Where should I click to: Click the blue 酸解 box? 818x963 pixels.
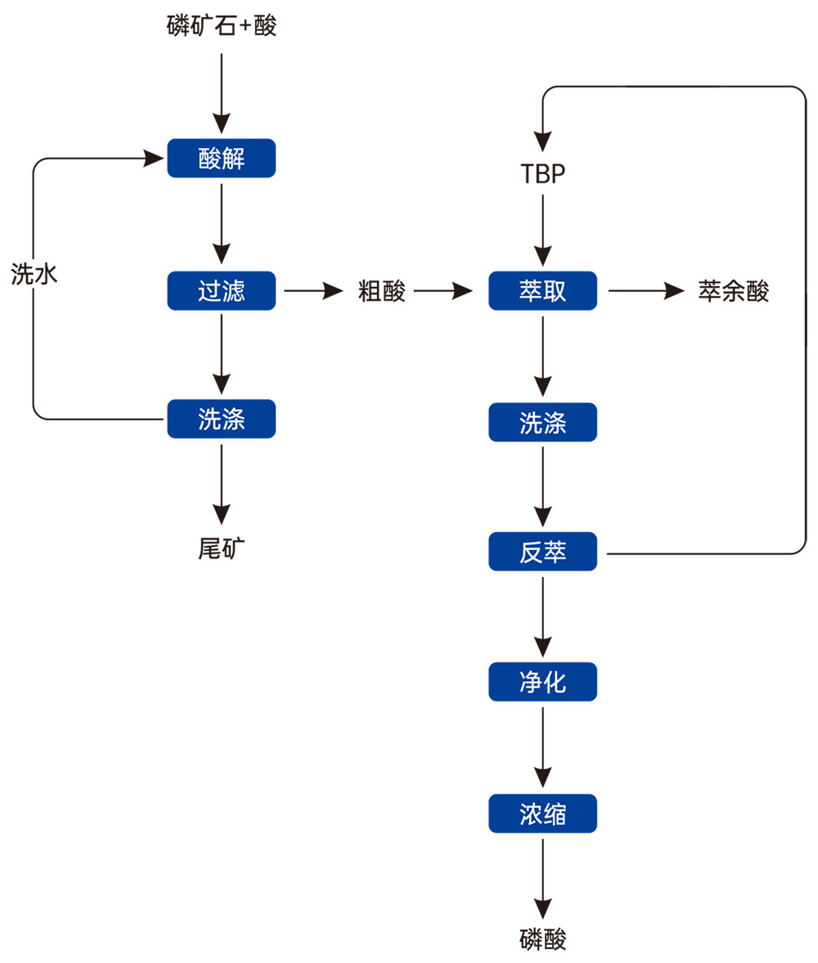pyautogui.click(x=221, y=159)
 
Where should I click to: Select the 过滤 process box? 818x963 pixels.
pyautogui.click(x=221, y=290)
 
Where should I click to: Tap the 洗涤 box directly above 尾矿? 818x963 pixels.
pyautogui.click(x=221, y=419)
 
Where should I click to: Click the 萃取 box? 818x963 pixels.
pyautogui.click(x=542, y=290)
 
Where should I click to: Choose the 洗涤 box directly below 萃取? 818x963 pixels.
pyautogui.click(x=542, y=422)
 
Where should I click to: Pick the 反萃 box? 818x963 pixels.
pyautogui.click(x=542, y=553)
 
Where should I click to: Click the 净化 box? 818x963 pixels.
pyautogui.click(x=542, y=682)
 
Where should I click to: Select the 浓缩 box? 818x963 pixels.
pyautogui.click(x=542, y=813)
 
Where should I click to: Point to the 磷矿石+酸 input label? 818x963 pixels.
pyautogui.click(x=221, y=27)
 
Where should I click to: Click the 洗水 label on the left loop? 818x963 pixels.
pyautogui.click(x=34, y=274)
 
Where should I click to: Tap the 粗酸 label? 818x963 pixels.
pyautogui.click(x=382, y=291)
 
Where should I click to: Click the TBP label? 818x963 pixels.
pyautogui.click(x=542, y=175)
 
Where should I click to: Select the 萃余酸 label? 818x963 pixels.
pyautogui.click(x=733, y=291)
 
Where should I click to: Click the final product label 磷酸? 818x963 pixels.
pyautogui.click(x=542, y=939)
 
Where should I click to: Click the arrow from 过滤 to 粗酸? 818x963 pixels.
pyautogui.click(x=312, y=290)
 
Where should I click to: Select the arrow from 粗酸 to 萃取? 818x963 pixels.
pyautogui.click(x=443, y=290)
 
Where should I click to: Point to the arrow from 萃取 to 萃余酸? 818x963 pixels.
pyautogui.click(x=646, y=290)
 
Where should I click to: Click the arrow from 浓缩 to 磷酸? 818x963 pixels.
pyautogui.click(x=542, y=878)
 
